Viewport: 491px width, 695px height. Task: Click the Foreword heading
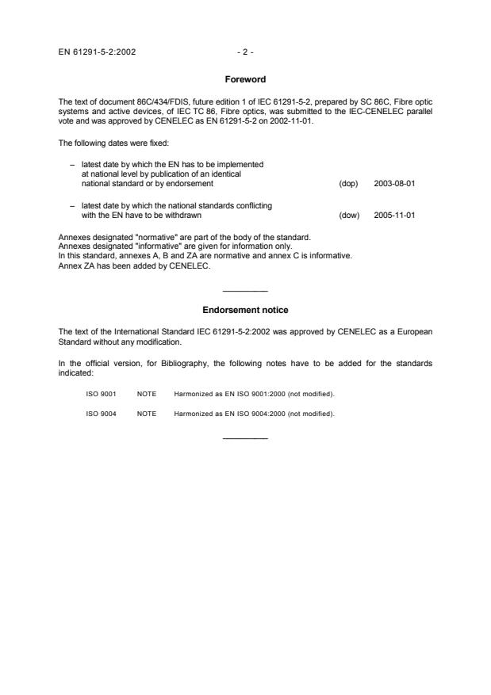click(245, 79)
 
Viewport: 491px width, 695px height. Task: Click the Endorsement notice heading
click(245, 309)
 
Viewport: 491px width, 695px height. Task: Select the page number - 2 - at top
click(245, 53)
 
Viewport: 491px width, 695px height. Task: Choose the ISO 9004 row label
click(101, 413)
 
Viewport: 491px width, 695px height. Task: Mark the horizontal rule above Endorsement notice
click(245, 292)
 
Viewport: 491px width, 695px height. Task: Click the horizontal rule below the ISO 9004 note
click(245, 438)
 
